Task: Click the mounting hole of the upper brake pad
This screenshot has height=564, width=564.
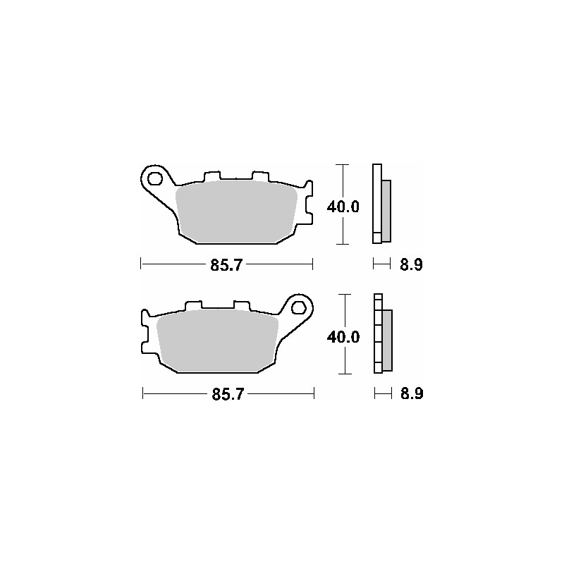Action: click(155, 176)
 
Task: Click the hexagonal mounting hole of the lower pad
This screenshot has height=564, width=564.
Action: click(299, 307)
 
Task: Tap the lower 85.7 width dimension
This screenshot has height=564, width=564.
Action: click(227, 395)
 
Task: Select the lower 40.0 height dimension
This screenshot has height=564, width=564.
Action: click(343, 337)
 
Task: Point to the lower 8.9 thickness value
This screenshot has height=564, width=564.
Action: click(411, 395)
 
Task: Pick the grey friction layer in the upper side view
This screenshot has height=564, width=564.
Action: click(386, 209)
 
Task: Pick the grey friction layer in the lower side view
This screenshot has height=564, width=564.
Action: click(387, 341)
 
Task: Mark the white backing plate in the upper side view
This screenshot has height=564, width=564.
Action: click(376, 204)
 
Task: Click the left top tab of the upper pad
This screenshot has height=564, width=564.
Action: click(211, 176)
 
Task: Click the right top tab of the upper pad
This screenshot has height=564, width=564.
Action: click(260, 176)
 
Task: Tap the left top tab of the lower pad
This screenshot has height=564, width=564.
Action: click(194, 307)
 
